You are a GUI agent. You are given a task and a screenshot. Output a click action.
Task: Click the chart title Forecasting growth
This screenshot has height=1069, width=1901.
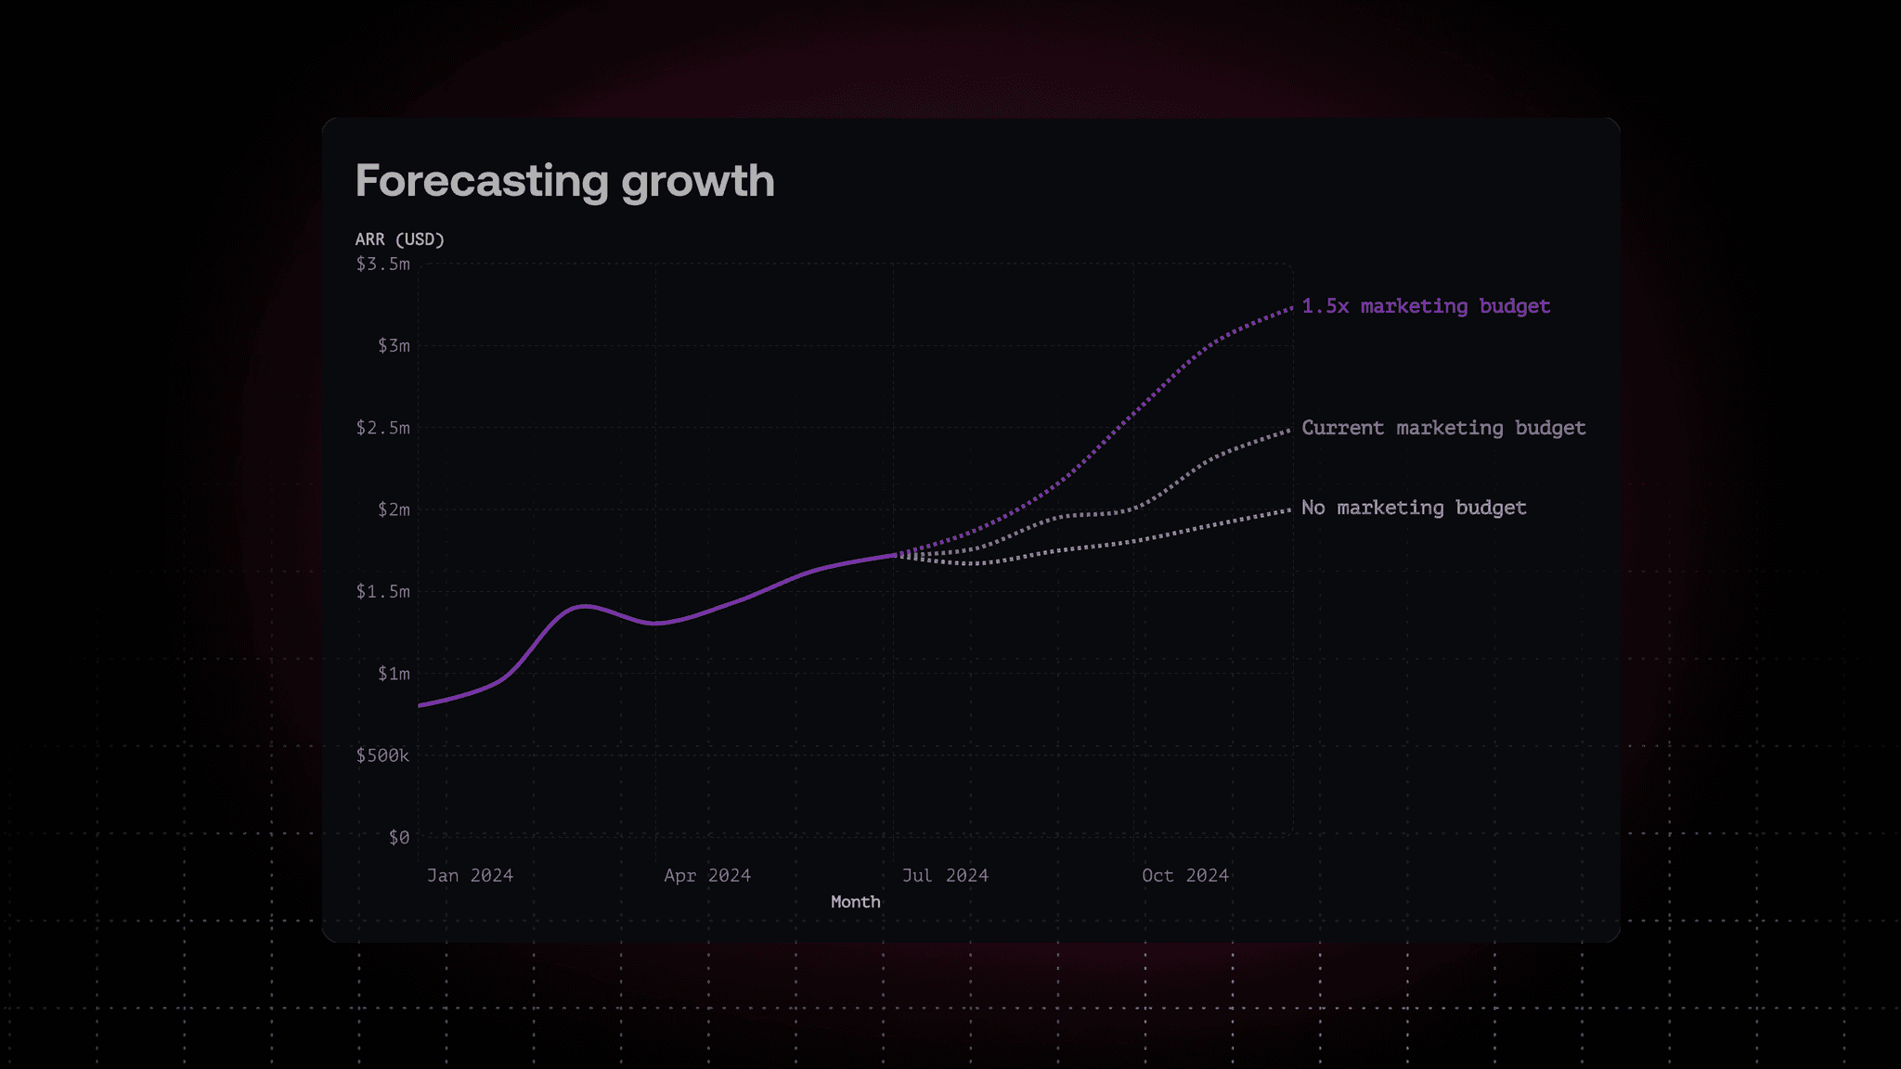click(x=564, y=181)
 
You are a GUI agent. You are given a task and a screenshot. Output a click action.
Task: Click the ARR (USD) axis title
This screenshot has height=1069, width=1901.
click(x=399, y=239)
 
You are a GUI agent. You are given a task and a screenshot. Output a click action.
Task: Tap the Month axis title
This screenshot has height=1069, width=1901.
click(x=855, y=902)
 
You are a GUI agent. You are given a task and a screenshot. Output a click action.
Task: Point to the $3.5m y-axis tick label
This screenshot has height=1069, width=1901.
click(x=382, y=264)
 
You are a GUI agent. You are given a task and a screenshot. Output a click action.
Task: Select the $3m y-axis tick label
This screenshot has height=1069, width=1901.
click(x=393, y=346)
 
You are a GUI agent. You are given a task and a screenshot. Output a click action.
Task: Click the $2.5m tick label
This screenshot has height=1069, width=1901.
click(x=382, y=428)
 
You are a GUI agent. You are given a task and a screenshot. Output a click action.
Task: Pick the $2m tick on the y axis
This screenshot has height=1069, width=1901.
click(x=393, y=509)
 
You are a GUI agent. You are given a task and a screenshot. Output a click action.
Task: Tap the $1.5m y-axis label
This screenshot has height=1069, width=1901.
click(x=382, y=592)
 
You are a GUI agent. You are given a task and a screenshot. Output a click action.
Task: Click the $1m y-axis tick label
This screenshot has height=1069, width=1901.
click(x=393, y=674)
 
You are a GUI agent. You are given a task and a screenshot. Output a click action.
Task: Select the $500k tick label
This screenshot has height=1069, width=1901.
click(x=382, y=755)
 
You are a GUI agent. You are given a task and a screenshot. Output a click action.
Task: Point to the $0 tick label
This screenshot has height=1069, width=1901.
click(x=398, y=838)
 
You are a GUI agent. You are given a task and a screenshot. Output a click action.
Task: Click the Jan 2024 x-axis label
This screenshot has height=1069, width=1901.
click(x=470, y=876)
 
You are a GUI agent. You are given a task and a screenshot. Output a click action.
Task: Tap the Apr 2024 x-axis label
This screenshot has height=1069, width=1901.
click(x=707, y=876)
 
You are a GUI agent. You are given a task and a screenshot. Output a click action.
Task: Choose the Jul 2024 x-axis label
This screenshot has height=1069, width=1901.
click(x=945, y=876)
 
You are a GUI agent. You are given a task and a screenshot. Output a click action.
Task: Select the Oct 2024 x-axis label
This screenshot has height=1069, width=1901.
click(x=1184, y=876)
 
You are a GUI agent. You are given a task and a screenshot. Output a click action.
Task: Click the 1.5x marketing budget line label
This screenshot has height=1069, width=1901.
click(x=1425, y=306)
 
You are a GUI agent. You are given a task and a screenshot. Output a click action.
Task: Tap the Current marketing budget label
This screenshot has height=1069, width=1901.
click(x=1442, y=428)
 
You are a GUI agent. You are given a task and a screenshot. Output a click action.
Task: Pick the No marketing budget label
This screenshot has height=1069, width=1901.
click(x=1413, y=508)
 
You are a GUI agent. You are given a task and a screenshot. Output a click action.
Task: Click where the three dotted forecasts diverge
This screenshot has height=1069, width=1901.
click(x=895, y=555)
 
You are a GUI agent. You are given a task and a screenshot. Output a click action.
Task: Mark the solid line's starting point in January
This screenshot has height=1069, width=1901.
click(x=420, y=705)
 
